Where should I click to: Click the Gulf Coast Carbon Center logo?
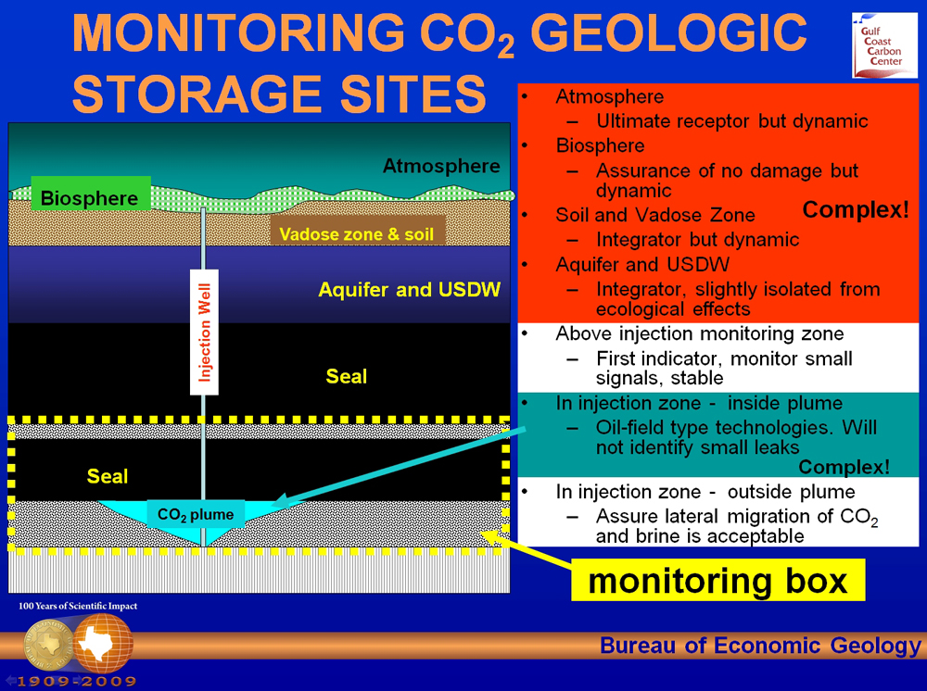884,45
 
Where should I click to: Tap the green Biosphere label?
90,198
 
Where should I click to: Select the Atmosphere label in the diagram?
441,166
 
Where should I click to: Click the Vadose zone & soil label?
357,233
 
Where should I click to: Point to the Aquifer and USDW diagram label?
409,289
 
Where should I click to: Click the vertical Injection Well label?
204,332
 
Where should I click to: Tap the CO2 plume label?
195,514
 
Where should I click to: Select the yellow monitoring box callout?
717,580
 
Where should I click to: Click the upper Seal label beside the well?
347,376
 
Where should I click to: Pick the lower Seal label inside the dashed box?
107,476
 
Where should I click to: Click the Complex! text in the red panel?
856,209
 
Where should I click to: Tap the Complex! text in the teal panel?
844,467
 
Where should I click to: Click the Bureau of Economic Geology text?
760,646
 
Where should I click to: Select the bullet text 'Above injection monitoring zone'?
699,333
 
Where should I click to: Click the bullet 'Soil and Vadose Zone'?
655,215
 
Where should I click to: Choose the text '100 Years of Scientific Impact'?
78,606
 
